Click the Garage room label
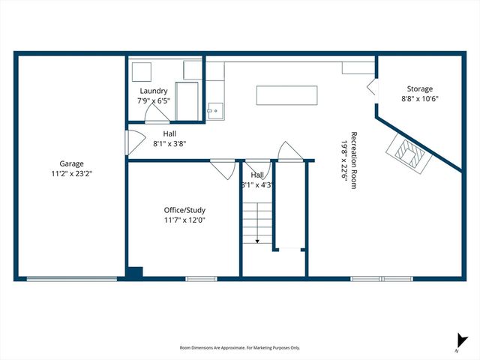point(72,163)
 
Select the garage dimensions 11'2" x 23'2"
point(72,173)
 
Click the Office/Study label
point(184,211)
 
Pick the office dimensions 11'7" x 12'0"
point(184,220)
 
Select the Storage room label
point(419,88)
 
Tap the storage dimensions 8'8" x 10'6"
point(419,98)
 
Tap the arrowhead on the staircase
point(257,241)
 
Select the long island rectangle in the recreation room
point(286,96)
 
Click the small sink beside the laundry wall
point(214,111)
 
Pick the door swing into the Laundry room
point(156,113)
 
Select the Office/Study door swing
point(222,168)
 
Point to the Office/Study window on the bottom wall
point(201,279)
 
